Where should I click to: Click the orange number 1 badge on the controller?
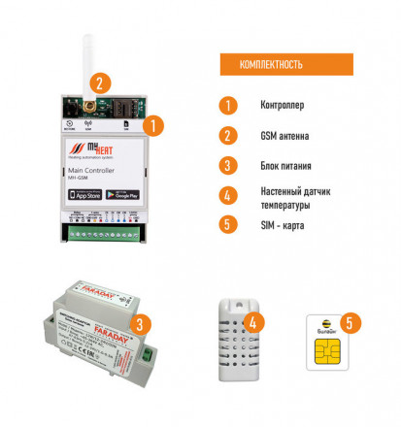click(152, 124)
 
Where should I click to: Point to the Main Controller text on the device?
click(92, 171)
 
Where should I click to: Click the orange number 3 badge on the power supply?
click(142, 324)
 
